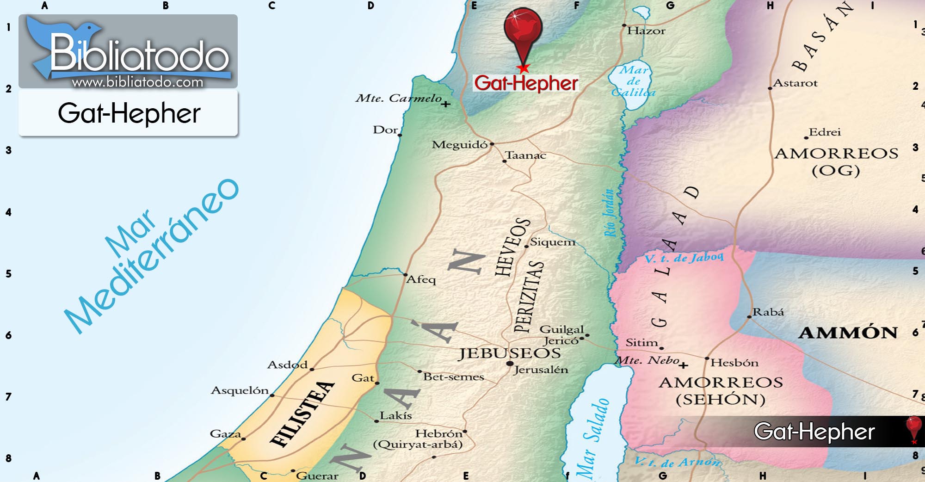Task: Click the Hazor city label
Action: click(x=646, y=31)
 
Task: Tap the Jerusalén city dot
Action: click(x=510, y=364)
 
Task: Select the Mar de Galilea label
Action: click(x=634, y=81)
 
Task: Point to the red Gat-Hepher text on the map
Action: click(x=526, y=83)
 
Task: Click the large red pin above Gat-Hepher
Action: click(x=523, y=28)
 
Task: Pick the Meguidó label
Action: click(x=459, y=145)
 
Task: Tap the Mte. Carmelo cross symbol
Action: click(x=445, y=104)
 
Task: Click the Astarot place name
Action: click(x=795, y=83)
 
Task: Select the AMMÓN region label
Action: click(x=848, y=333)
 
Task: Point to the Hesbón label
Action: click(x=734, y=363)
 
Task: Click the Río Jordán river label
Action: click(x=610, y=213)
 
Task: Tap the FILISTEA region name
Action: click(x=302, y=414)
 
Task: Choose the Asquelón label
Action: click(x=240, y=390)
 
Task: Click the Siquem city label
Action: click(x=553, y=242)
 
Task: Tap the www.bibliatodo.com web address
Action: click(x=137, y=82)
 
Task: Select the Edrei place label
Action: click(x=825, y=132)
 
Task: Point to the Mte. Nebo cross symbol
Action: click(x=684, y=365)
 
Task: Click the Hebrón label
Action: click(x=438, y=433)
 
